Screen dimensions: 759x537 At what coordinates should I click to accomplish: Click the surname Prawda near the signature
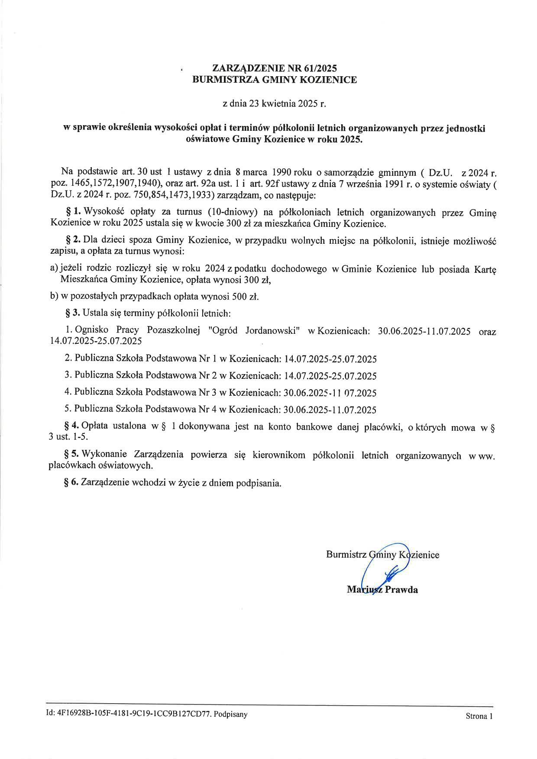point(401,590)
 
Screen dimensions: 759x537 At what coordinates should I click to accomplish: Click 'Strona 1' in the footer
point(479,716)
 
